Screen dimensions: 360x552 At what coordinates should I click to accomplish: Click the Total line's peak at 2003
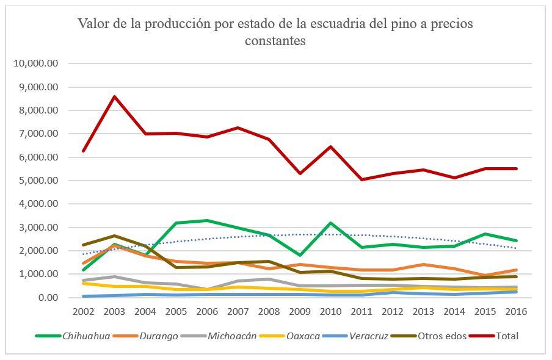114,96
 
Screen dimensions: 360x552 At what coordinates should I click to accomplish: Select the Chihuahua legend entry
85,336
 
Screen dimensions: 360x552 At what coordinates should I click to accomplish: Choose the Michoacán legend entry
232,336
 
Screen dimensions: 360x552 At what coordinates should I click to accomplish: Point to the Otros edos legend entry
441,336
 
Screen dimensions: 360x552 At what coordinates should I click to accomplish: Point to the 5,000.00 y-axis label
38,181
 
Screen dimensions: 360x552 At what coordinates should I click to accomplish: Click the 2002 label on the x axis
83,311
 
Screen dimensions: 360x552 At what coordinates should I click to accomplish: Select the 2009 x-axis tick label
299,311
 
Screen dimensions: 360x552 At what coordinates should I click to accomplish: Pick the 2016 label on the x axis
516,311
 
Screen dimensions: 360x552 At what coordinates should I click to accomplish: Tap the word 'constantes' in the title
275,41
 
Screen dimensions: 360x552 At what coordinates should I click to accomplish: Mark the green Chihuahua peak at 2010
330,223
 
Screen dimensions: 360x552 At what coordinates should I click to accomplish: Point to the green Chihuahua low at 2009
299,255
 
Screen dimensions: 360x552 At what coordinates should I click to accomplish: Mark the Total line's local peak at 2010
330,146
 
